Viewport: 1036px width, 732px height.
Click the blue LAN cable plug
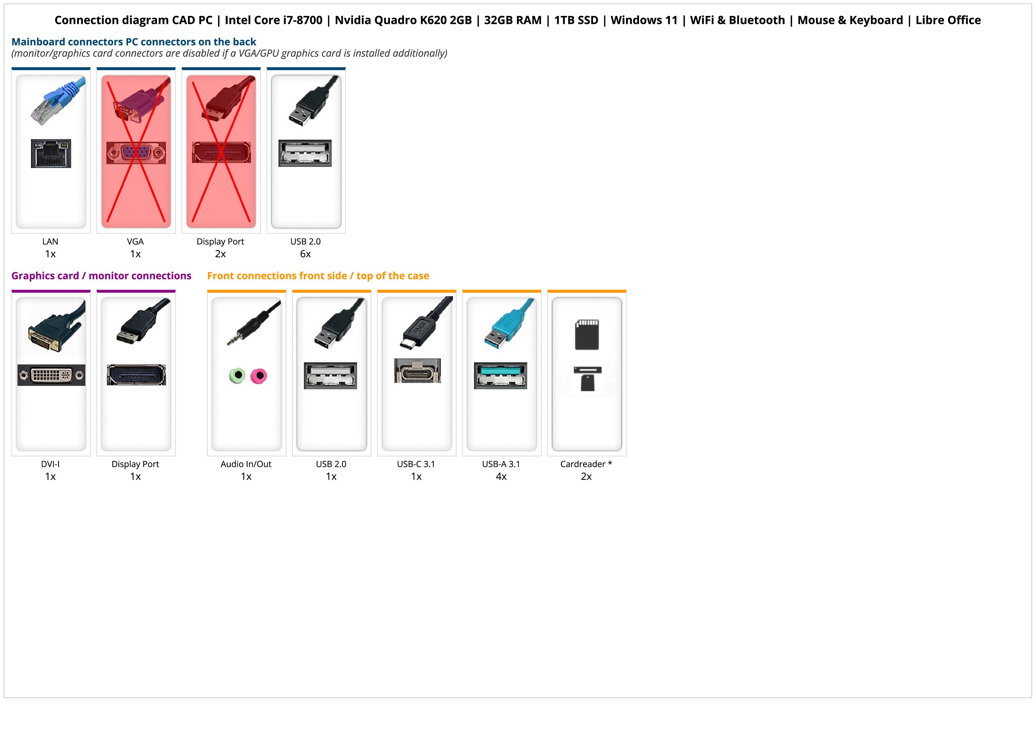click(58, 100)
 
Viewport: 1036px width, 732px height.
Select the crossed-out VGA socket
click(136, 153)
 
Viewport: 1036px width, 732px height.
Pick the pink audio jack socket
click(259, 375)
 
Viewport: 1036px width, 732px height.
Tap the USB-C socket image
click(417, 371)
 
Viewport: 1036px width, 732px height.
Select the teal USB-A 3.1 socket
click(500, 375)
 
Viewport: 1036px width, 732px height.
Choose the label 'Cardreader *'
click(586, 464)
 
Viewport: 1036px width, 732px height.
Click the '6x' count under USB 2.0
click(305, 254)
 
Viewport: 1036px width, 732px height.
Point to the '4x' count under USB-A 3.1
click(501, 477)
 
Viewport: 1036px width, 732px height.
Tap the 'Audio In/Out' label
click(246, 464)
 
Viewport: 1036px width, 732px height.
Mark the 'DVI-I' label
click(50, 464)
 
